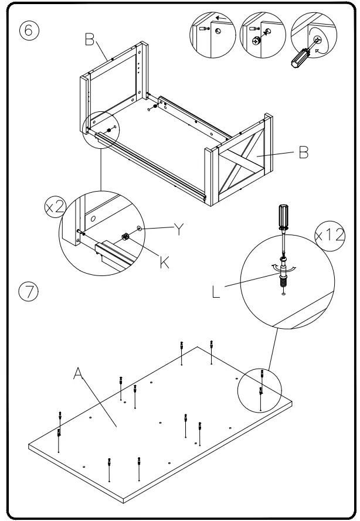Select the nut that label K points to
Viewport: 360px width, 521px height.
pos(125,237)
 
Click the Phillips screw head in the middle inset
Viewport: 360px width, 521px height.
pos(256,41)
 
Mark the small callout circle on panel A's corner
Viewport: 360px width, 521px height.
pos(260,389)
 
